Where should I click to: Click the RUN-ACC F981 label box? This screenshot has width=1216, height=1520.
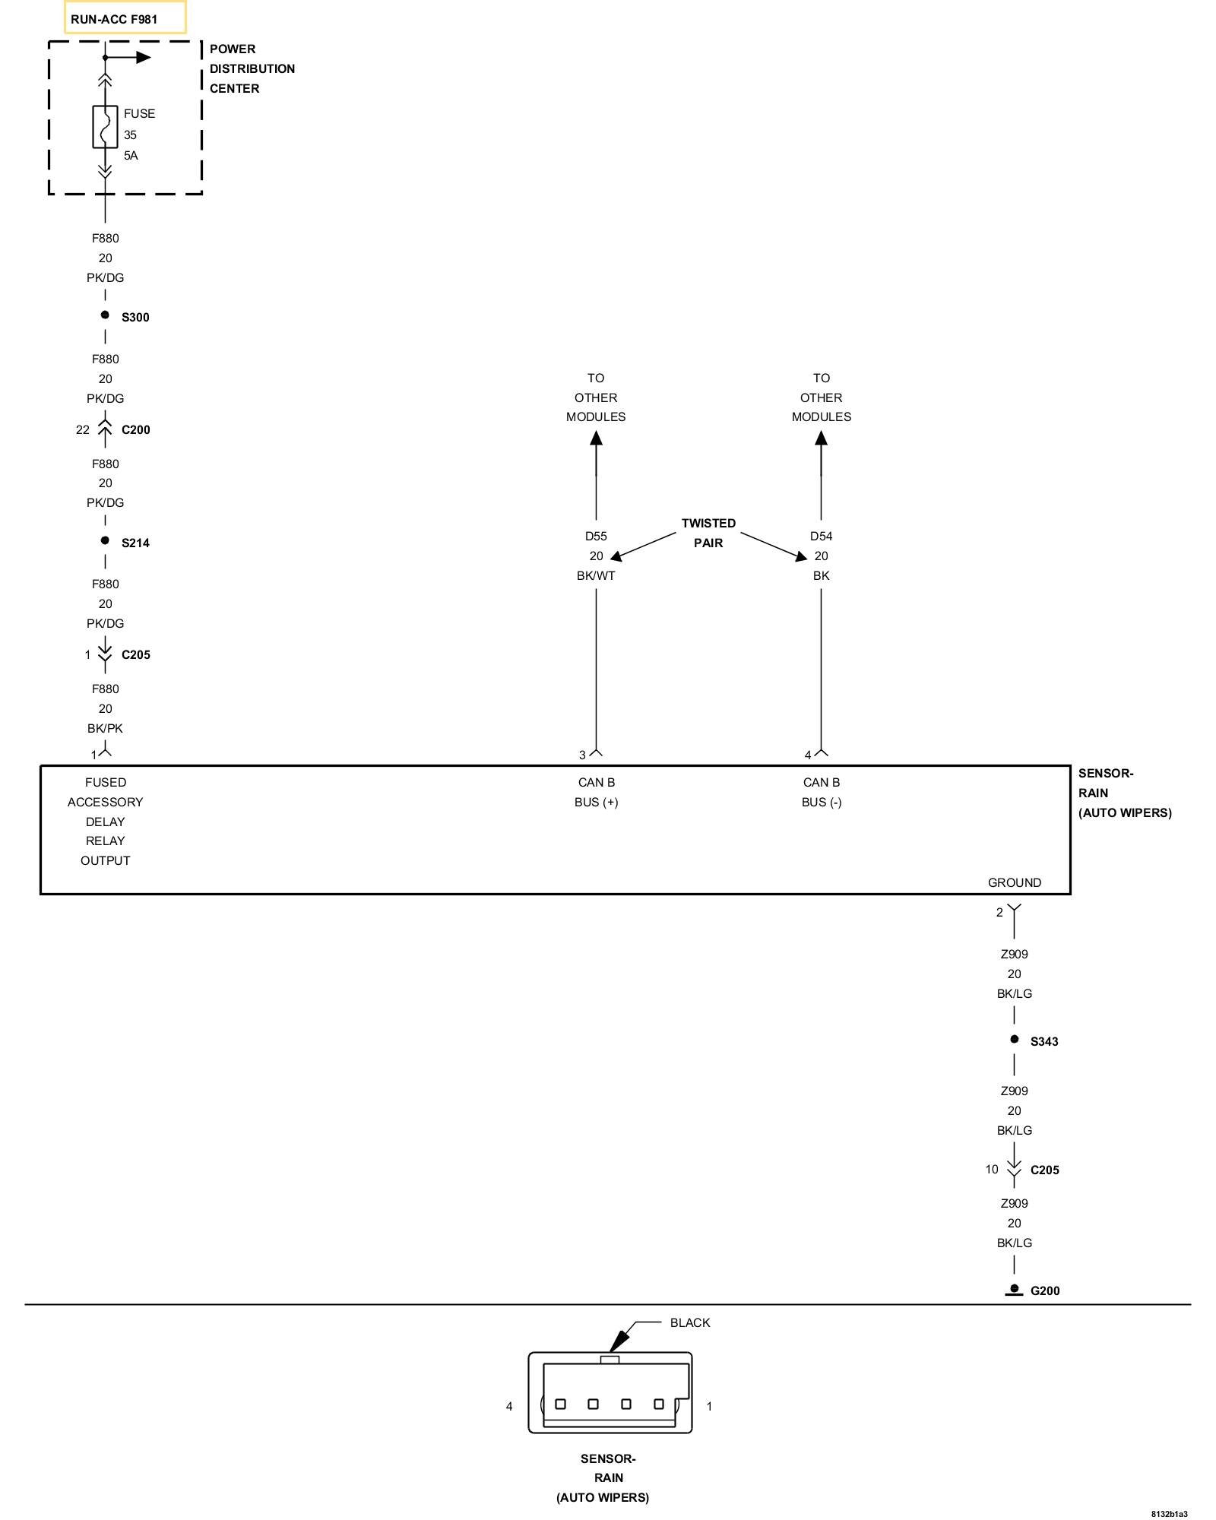click(x=125, y=18)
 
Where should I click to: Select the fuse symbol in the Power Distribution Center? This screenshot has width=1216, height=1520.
click(x=105, y=126)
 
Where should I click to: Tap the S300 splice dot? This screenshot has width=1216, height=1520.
click(x=105, y=315)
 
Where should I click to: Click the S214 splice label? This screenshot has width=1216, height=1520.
click(x=135, y=543)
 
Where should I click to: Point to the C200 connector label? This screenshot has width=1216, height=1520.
click(x=136, y=429)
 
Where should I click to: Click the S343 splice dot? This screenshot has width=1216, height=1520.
click(x=1014, y=1040)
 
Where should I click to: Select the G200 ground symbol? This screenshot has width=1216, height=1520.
click(x=1014, y=1290)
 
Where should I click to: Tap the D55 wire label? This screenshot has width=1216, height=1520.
click(x=596, y=536)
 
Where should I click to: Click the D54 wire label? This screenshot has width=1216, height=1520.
click(x=821, y=536)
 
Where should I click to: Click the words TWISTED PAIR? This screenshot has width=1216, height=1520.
click(x=708, y=533)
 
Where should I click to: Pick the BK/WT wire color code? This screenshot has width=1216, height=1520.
click(x=596, y=575)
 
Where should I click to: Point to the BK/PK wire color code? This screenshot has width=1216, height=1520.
click(x=105, y=728)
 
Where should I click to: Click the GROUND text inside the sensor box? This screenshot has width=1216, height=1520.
click(x=1014, y=882)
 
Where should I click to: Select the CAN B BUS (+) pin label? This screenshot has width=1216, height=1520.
click(x=596, y=792)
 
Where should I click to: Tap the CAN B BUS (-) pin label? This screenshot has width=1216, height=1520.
click(x=821, y=792)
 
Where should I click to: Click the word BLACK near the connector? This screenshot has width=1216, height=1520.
click(x=689, y=1323)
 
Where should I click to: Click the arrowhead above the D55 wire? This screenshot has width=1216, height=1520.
click(x=596, y=439)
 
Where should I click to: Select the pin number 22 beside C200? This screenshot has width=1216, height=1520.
click(x=82, y=429)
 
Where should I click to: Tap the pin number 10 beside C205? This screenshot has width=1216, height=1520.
click(x=991, y=1170)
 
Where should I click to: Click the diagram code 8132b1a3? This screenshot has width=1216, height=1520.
click(x=1169, y=1514)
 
